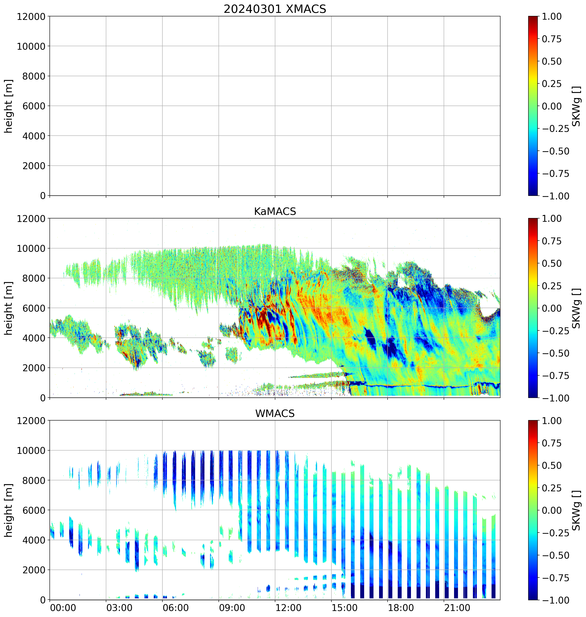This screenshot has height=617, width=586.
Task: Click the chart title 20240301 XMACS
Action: [275, 9]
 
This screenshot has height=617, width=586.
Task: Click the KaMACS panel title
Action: [275, 211]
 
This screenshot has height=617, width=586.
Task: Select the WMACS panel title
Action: [275, 413]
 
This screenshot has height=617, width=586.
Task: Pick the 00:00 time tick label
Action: [63, 608]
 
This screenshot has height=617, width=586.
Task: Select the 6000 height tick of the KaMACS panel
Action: [34, 308]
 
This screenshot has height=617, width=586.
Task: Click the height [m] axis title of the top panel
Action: [9, 106]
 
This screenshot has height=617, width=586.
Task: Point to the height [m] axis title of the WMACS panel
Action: [9, 510]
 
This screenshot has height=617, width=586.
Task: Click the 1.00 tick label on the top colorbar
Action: [552, 17]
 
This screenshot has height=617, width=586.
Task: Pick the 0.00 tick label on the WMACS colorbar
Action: [552, 510]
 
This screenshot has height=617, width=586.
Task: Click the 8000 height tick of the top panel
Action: [34, 76]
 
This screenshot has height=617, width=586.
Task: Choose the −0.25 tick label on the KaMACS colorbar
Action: [555, 331]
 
